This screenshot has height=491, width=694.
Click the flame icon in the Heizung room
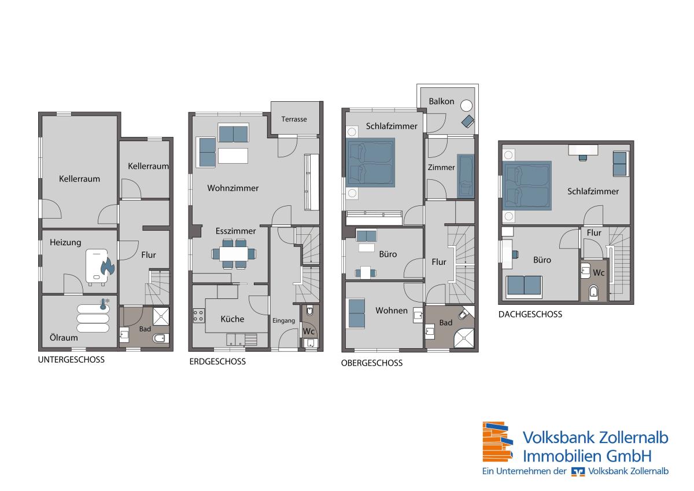[x=108, y=267]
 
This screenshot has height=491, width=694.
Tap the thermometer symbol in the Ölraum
[x=103, y=305]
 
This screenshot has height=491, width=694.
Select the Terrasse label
[x=294, y=119]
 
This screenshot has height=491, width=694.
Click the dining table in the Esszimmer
[x=234, y=254]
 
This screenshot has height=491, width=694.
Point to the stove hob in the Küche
[x=198, y=316]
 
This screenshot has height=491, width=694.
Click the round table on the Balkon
[x=466, y=106]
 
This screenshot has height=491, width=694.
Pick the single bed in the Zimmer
[x=466, y=176]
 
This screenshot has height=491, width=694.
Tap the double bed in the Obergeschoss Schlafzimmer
[x=371, y=163]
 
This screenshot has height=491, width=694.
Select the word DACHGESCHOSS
[x=530, y=315]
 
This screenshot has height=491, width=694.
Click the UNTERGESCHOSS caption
[x=71, y=360]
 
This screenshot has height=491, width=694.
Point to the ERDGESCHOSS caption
[x=217, y=361]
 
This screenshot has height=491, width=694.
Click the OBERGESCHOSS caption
[x=372, y=363]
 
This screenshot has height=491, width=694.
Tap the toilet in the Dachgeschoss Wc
[x=593, y=292]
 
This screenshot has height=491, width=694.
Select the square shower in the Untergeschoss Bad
[x=161, y=316]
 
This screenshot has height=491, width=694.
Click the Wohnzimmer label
[x=233, y=189]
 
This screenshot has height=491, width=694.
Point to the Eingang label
[x=283, y=321]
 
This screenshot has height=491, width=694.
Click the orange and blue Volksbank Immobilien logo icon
[x=497, y=442]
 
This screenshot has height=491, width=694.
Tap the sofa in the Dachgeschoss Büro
[x=524, y=286]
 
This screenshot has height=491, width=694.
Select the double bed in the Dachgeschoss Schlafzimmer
[x=527, y=186]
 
